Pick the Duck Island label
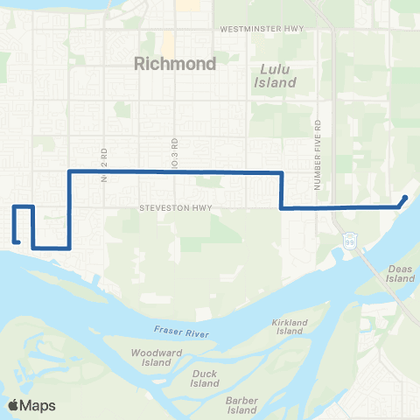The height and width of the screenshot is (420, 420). tap(205, 378)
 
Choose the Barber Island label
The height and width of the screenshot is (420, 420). tap(240, 404)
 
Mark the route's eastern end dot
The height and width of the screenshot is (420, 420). tap(405, 197)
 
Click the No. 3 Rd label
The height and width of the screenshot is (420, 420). tap(174, 150)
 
